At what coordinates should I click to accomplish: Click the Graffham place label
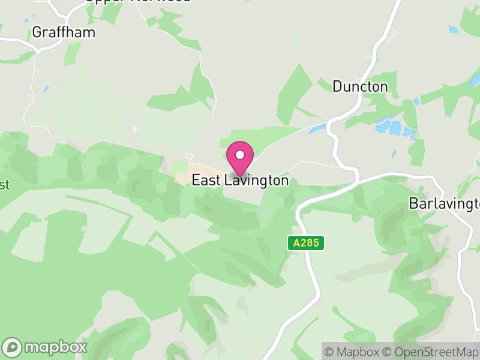[x=64, y=32]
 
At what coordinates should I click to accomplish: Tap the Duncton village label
[x=360, y=87]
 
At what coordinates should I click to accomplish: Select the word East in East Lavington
[x=207, y=180]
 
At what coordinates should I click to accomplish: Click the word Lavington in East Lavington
[x=257, y=180]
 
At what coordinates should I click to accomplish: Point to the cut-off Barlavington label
[x=444, y=203]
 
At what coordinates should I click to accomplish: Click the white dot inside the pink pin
[x=240, y=155]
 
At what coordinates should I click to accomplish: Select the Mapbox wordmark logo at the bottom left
[x=55, y=347]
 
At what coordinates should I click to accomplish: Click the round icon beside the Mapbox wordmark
[x=13, y=347]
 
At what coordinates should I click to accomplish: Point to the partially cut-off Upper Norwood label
[x=138, y=2]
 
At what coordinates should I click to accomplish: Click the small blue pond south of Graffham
[x=46, y=89]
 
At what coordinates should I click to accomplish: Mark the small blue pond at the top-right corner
[x=453, y=29]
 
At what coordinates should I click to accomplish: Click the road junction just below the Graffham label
[x=39, y=49]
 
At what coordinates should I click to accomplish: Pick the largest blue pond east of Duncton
[x=384, y=127]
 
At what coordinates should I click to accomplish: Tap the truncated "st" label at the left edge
[x=4, y=185]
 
